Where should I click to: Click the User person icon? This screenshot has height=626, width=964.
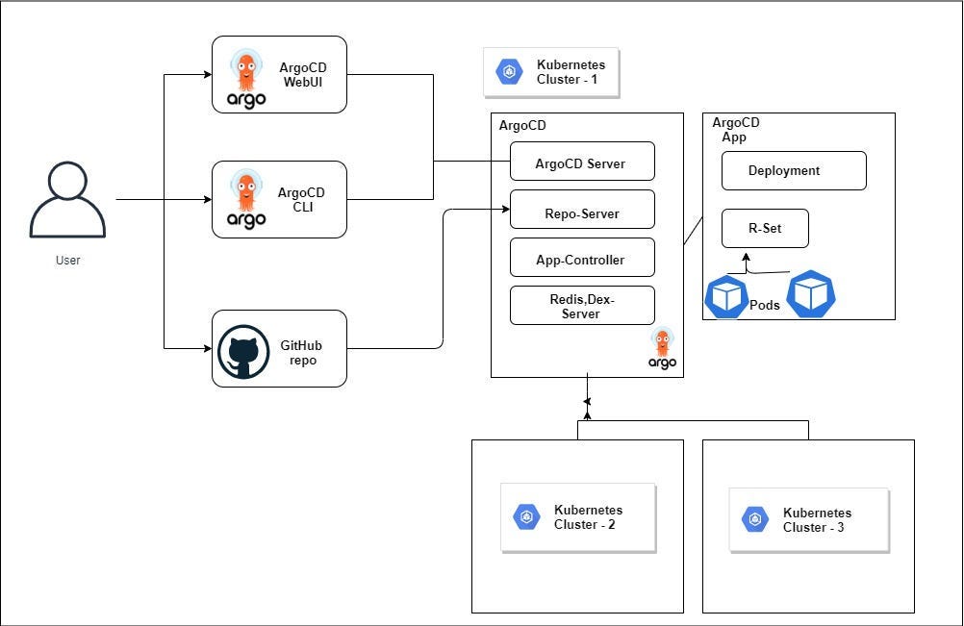click(x=67, y=200)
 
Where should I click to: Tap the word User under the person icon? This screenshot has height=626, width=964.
click(x=67, y=261)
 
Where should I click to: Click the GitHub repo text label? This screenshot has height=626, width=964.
click(x=298, y=352)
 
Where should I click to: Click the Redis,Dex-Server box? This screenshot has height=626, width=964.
click(x=581, y=306)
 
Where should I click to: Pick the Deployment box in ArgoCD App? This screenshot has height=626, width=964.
click(x=793, y=170)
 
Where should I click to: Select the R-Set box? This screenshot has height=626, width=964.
click(x=764, y=229)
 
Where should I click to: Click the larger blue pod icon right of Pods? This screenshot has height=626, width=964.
click(x=811, y=294)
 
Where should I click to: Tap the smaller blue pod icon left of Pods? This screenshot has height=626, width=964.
click(x=726, y=297)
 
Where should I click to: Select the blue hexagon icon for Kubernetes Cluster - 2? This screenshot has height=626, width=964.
click(x=526, y=517)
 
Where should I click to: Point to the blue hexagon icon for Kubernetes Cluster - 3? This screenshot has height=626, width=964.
click(x=755, y=520)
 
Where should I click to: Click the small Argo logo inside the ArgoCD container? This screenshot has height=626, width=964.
click(x=662, y=348)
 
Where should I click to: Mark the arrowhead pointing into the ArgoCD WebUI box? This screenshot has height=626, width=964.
click(x=207, y=74)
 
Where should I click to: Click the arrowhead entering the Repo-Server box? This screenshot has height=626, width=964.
click(x=505, y=208)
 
